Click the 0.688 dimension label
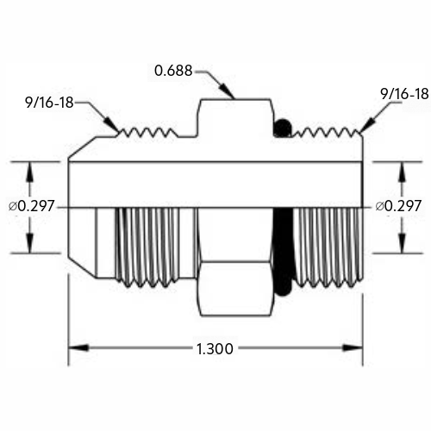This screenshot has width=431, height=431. [173, 71]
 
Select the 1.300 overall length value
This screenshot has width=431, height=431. [215, 349]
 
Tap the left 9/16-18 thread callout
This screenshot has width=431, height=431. [50, 103]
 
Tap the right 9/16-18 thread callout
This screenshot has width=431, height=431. [404, 94]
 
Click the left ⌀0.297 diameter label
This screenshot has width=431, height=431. [32, 206]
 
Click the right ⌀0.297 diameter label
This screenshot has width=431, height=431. [398, 206]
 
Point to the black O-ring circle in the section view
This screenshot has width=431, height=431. [283, 128]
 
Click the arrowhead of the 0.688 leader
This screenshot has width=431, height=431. [227, 91]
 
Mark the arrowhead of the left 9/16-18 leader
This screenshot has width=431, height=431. [111, 124]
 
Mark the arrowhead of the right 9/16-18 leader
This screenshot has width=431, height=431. [367, 124]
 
